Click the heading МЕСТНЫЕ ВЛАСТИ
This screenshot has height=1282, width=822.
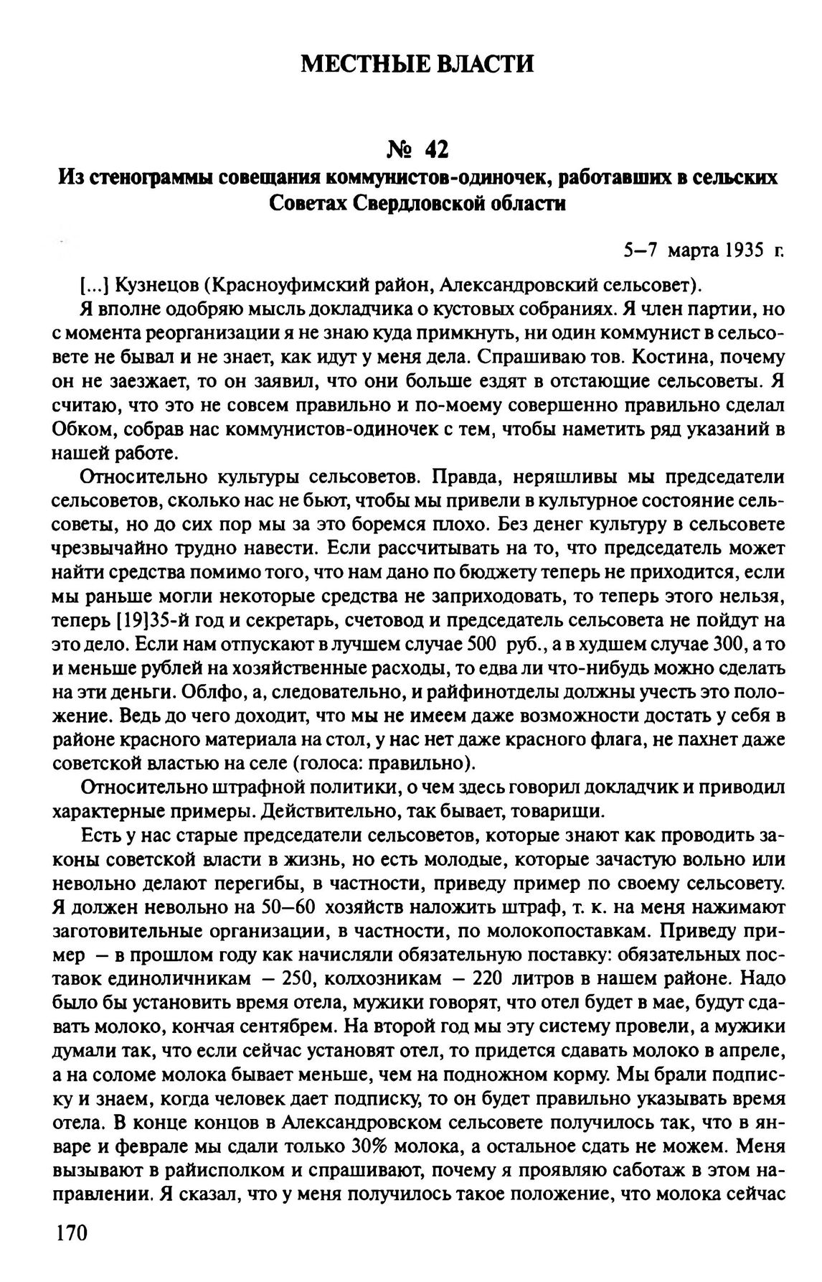click(x=417, y=64)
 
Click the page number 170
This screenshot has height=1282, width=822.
click(x=70, y=1233)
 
